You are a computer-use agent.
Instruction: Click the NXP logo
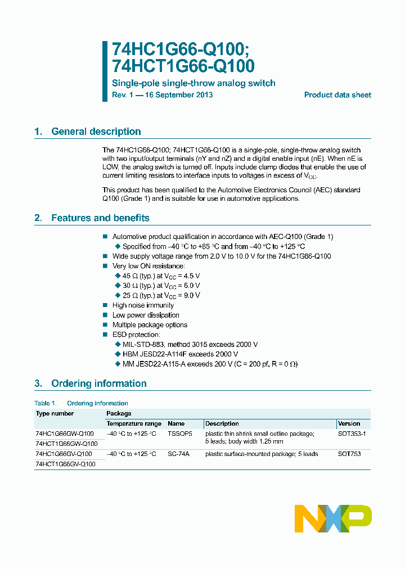[333, 518]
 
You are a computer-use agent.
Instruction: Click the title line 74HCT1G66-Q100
[183, 66]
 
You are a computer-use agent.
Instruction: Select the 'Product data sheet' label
[337, 95]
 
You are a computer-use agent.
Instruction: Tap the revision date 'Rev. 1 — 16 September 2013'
[163, 95]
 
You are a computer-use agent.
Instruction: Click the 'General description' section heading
[96, 132]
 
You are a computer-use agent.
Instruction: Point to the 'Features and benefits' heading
[100, 218]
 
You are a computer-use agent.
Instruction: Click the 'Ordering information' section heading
[98, 383]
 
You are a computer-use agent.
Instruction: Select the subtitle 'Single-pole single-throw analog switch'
[193, 83]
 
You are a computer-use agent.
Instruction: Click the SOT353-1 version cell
[352, 434]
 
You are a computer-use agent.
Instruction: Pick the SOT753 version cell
[349, 454]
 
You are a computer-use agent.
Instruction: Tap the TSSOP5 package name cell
[179, 434]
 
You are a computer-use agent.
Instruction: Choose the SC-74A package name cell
[178, 454]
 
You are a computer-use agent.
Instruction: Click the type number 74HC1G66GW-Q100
[64, 434]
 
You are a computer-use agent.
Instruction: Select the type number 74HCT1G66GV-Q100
[65, 464]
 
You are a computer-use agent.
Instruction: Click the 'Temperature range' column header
[134, 423]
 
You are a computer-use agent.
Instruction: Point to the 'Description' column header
[222, 423]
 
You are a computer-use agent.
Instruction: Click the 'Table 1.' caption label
[46, 403]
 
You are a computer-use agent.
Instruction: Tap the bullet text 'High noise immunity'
[143, 305]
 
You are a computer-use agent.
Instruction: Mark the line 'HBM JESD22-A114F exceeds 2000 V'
[180, 354]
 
